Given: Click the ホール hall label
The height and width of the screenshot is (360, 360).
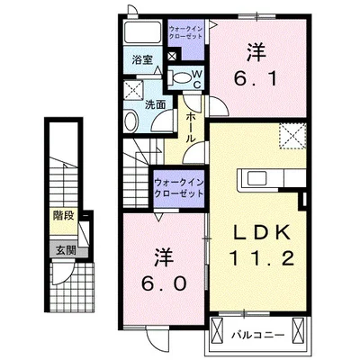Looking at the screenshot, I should tap(192, 127).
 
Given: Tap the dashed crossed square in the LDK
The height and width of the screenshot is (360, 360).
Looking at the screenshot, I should tap(292, 138).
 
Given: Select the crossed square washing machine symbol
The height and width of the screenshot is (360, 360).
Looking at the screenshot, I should tap(137, 90).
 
